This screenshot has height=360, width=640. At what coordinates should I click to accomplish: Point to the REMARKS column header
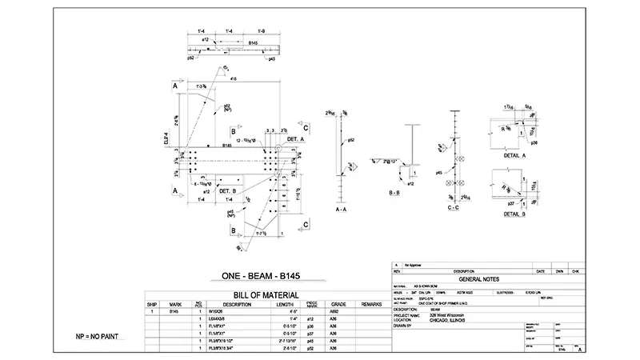coord(371,304)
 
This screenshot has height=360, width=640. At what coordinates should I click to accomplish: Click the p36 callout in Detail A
coord(533,142)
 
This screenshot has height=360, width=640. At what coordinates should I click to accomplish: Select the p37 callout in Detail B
coord(512,204)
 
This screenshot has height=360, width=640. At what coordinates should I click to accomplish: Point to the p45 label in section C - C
coord(439,172)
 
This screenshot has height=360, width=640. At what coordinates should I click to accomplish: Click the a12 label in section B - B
coord(411,184)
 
